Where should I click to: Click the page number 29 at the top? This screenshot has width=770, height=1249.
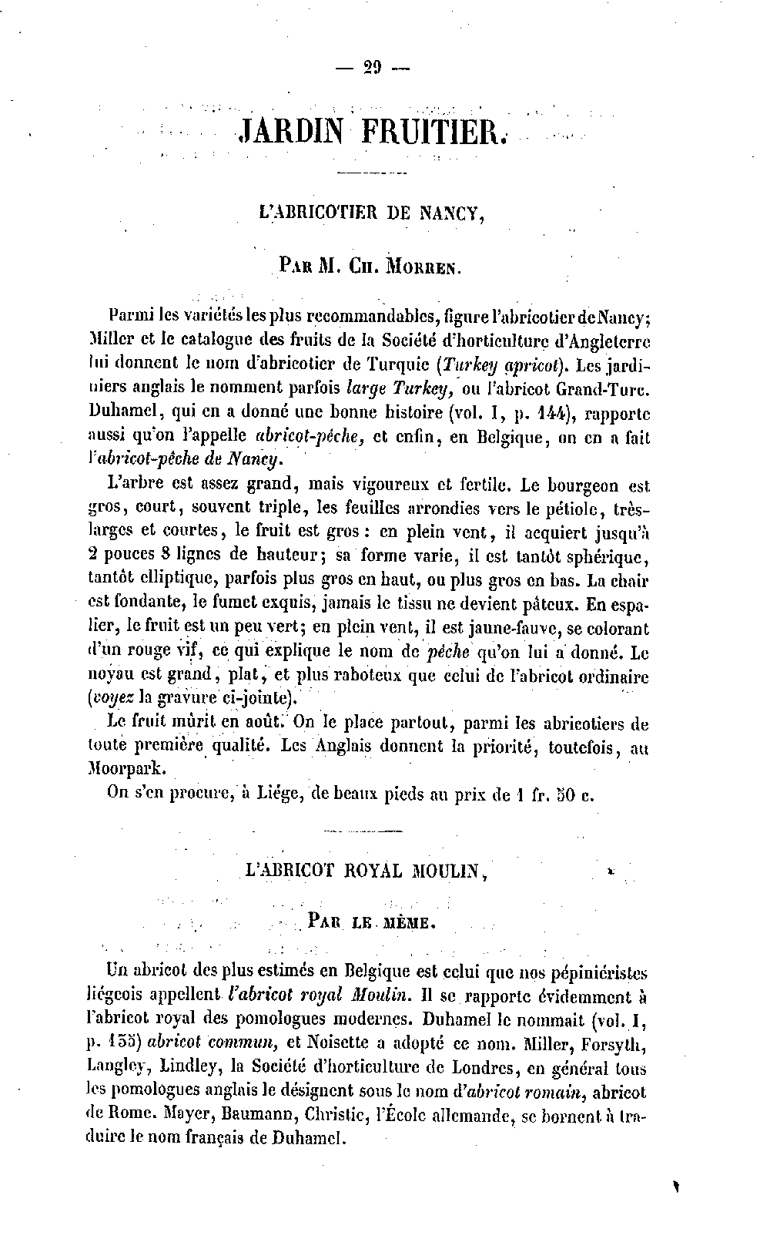tap(373, 68)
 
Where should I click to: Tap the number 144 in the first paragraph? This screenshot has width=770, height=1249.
tap(550, 412)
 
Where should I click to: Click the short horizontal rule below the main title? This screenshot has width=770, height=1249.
tap(372, 171)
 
